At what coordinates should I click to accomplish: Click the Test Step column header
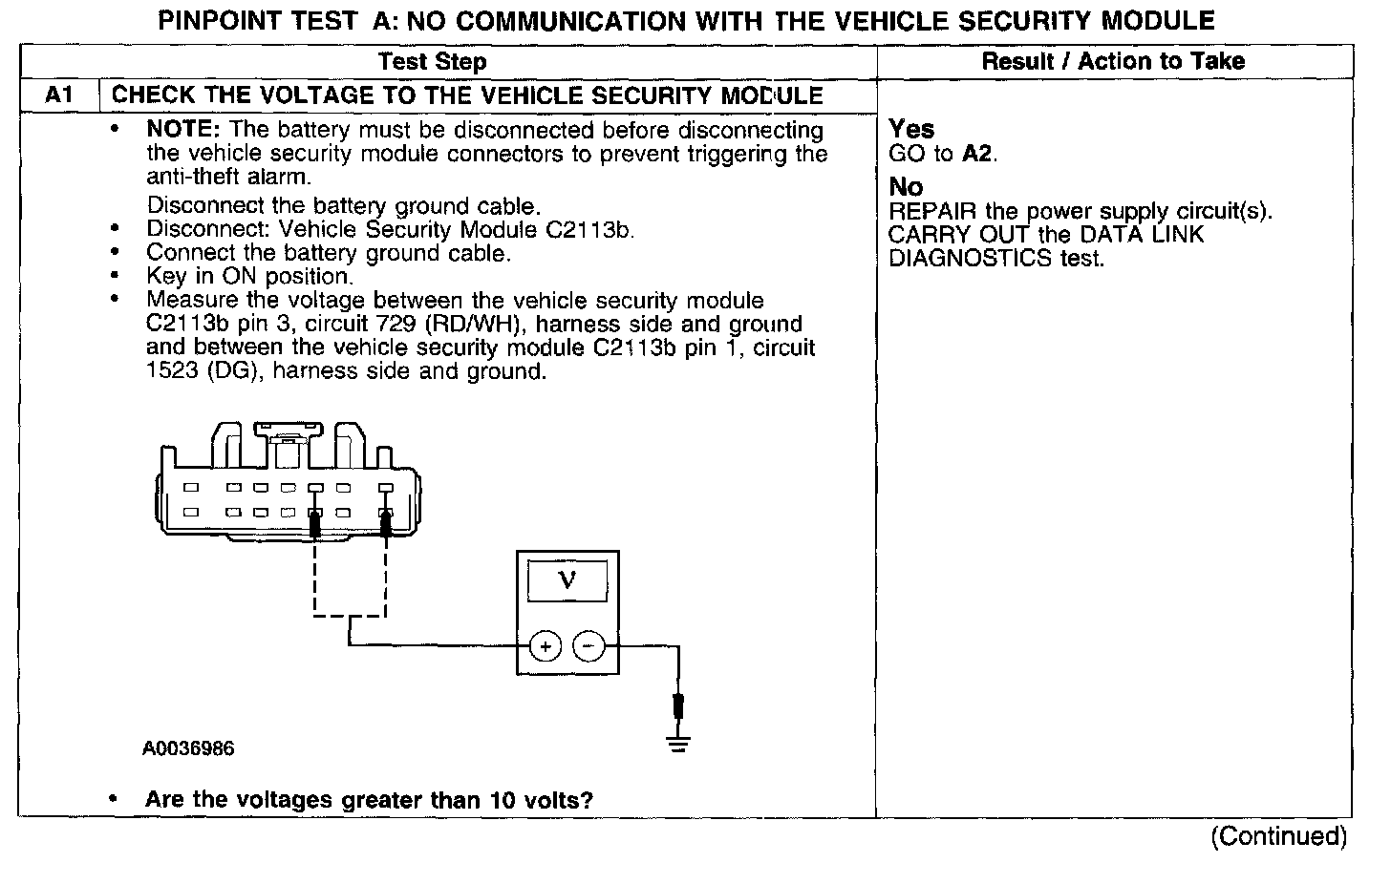pos(432,62)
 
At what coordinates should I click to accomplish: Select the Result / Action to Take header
pos(1113,62)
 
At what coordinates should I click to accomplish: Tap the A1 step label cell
pos(58,95)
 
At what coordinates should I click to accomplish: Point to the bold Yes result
pos(911,129)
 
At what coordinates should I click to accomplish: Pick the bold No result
pos(906,187)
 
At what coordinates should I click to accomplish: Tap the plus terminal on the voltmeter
pos(546,647)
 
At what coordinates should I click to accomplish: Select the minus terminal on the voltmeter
pos(588,647)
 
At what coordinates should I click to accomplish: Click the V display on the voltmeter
pos(567,580)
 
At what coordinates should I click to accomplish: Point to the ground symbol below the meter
pos(678,744)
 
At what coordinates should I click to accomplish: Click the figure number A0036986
pos(189,748)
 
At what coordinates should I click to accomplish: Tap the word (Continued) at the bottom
pos(1278,837)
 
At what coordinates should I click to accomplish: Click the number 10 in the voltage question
pos(503,800)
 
